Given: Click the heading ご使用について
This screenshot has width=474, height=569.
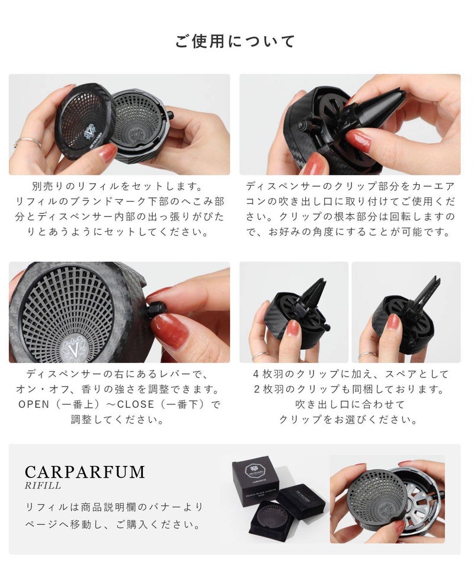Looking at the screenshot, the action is [235, 41].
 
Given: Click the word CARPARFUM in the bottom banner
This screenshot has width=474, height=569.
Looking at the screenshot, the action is [85, 472].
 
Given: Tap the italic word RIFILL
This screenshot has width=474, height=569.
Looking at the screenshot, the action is [43, 485].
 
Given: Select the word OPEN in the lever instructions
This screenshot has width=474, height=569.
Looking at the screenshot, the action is [34, 404].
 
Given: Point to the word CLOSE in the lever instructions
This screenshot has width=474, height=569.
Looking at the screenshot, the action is [136, 404].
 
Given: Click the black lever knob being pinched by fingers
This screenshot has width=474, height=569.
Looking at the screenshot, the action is [156, 309].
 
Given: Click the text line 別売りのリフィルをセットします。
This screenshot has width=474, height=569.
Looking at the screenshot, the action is [117, 187].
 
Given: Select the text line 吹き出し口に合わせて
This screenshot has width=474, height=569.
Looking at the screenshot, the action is [350, 404].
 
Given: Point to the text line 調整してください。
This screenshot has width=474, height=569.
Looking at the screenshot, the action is [117, 420].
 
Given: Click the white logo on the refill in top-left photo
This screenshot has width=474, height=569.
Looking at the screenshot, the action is [89, 132].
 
